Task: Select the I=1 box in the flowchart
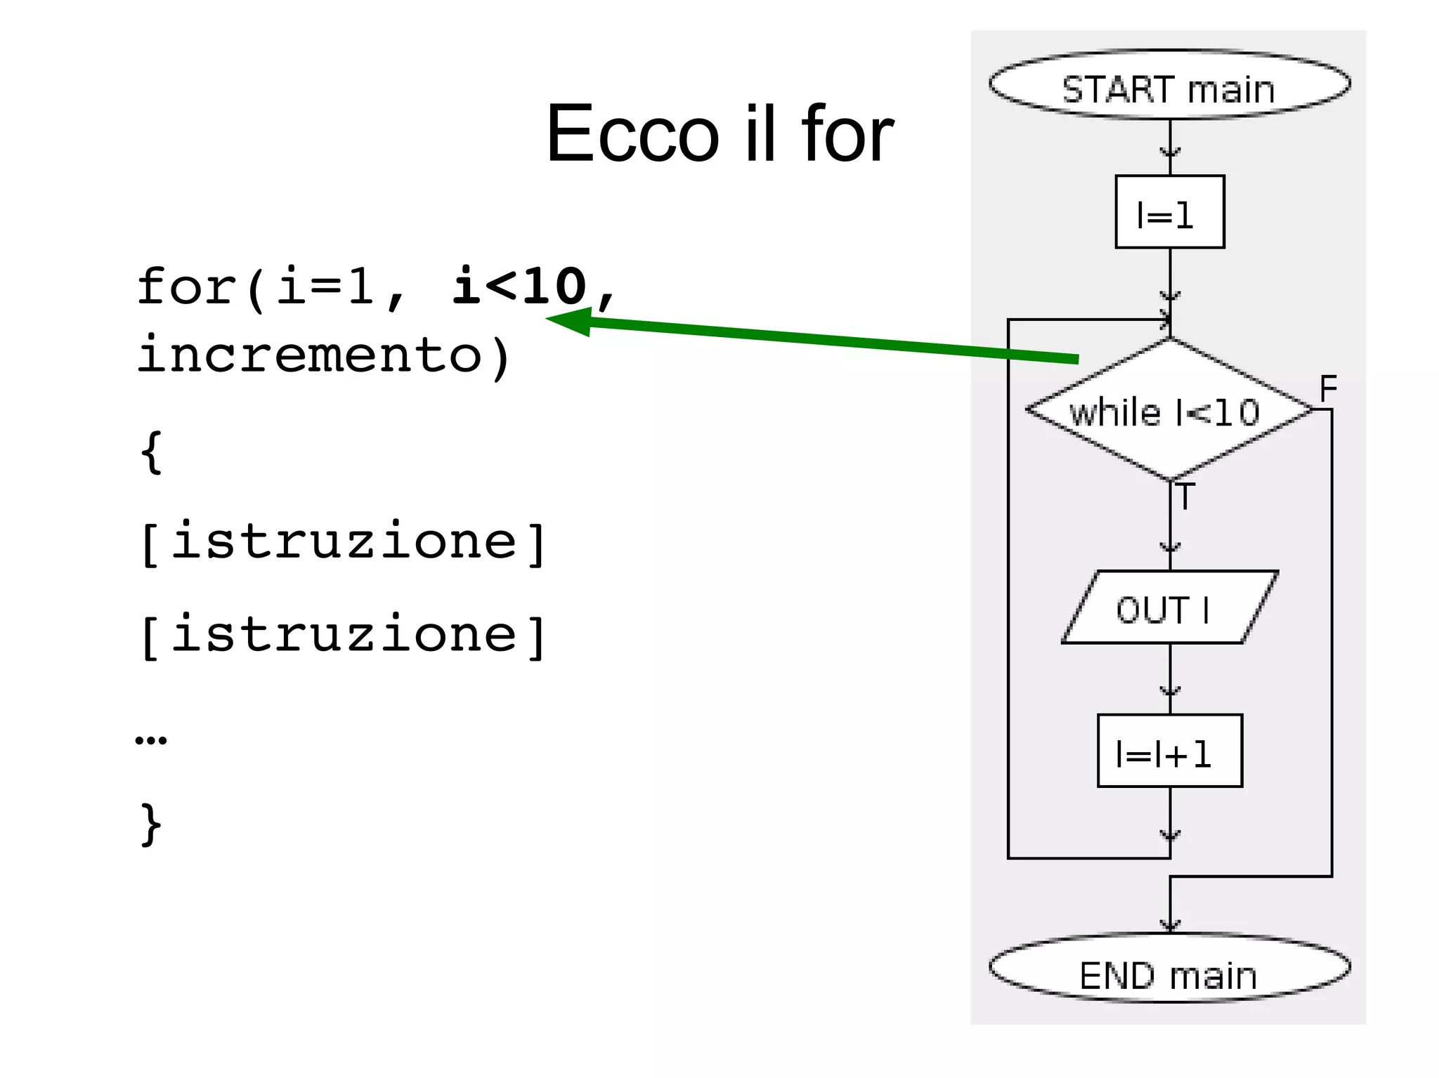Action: coord(1169,212)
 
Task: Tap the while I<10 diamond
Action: coord(1169,411)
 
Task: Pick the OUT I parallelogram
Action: coord(1169,607)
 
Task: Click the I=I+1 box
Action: coord(1169,751)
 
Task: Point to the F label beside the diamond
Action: coord(1328,388)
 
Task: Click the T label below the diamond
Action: coord(1185,497)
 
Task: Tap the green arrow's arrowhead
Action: coord(569,322)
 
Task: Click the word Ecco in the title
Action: coord(633,133)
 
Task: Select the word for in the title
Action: coord(847,133)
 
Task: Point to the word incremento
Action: coord(309,355)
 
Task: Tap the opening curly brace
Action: coord(151,453)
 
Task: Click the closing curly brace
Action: coord(151,823)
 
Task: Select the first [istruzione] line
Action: coord(343,542)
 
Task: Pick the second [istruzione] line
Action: coord(343,635)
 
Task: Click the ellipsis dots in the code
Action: coord(151,740)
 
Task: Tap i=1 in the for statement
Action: coord(325,287)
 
